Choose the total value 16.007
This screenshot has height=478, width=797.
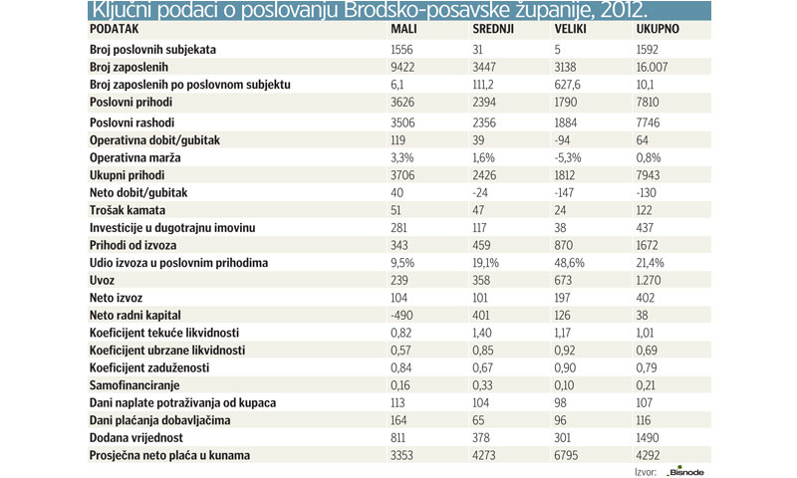657,67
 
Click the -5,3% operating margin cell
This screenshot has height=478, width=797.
570,156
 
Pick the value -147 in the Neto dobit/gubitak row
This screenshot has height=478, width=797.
567,192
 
